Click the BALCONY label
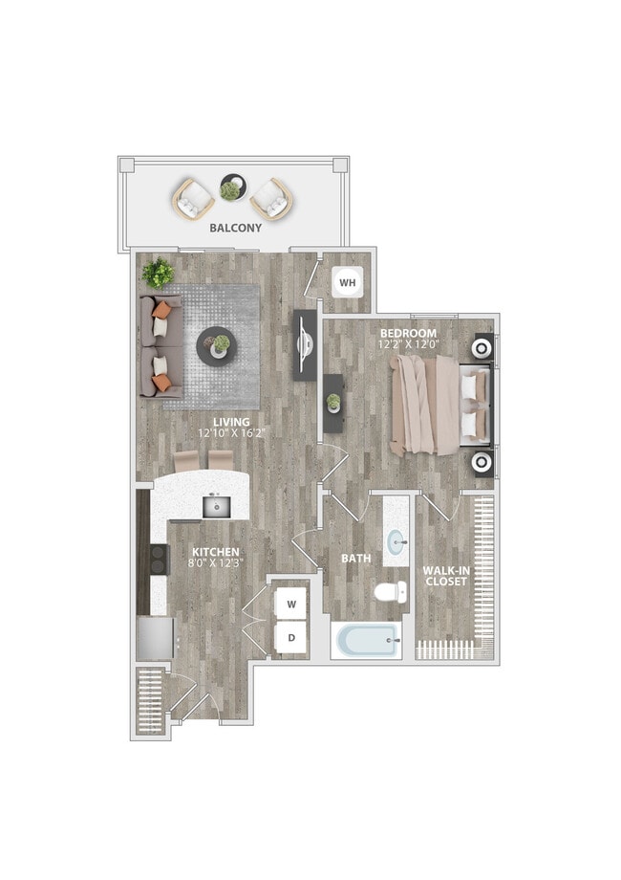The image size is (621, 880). (x=235, y=229)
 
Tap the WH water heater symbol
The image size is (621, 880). (x=347, y=283)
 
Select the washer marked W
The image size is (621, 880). (x=291, y=605)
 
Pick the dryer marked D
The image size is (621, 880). (x=291, y=637)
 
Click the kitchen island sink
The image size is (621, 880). (x=215, y=506)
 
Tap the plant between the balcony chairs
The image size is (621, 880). (x=230, y=188)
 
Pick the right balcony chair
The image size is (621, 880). (x=268, y=199)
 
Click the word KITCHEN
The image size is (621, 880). (x=214, y=552)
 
